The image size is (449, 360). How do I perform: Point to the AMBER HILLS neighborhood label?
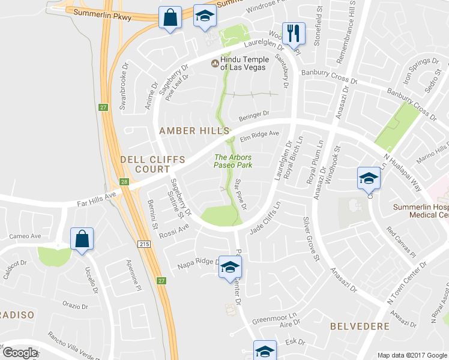click(194, 130)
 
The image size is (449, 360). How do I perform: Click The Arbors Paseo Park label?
click(234, 161)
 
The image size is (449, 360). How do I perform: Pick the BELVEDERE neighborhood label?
click(360, 326)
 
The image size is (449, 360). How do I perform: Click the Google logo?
click(20, 352)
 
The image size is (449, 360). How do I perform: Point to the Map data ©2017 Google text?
click(412, 355)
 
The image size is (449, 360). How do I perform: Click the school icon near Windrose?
click(205, 17)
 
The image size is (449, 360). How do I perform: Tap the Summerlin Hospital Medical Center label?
click(420, 211)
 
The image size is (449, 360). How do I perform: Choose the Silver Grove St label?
click(310, 239)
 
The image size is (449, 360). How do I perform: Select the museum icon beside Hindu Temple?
click(214, 63)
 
